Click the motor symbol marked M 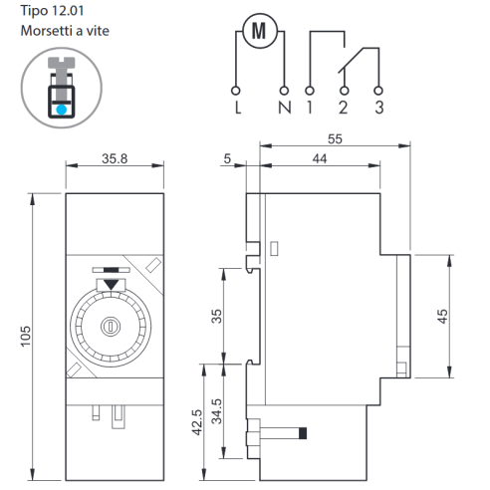click(x=260, y=31)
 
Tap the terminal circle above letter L click(x=235, y=91)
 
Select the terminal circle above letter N click(x=284, y=91)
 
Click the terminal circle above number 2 click(x=345, y=91)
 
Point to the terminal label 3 click(x=379, y=108)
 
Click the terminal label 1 click(x=310, y=108)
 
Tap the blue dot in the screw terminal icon click(x=61, y=110)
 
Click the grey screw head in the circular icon click(x=62, y=63)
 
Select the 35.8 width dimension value click(x=115, y=158)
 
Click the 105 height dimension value click(x=26, y=337)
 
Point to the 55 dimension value click(x=335, y=139)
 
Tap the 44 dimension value click(x=320, y=158)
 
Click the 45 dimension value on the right click(x=442, y=316)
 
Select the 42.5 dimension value click(x=197, y=422)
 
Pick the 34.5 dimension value click(x=217, y=411)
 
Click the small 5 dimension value click(x=227, y=158)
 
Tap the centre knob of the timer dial click(x=111, y=327)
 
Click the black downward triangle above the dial click(x=111, y=284)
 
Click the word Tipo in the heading click(x=34, y=11)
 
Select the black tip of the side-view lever click(x=303, y=433)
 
